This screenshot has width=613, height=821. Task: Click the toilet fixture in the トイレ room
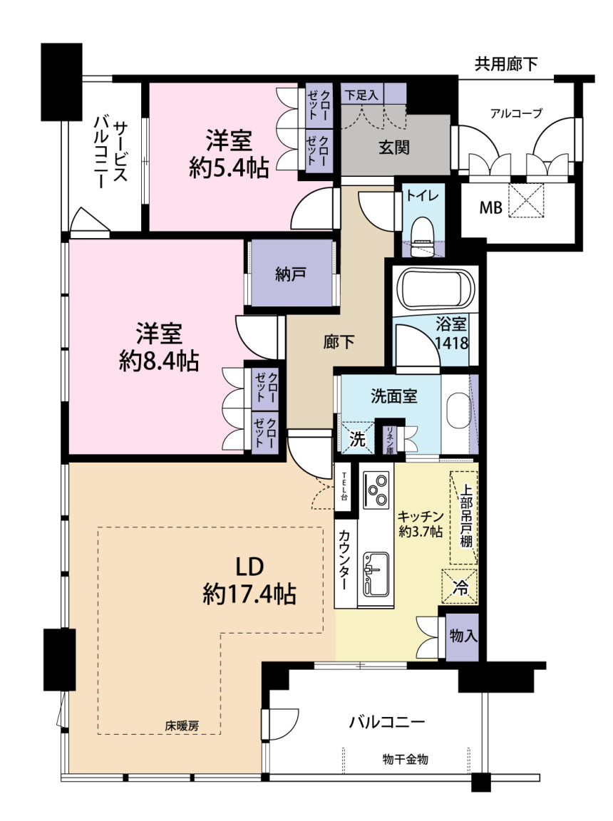click(422, 237)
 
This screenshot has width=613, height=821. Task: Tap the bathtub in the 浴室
click(436, 291)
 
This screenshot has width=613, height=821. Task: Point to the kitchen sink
click(376, 574)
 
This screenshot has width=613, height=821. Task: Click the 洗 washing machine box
click(357, 438)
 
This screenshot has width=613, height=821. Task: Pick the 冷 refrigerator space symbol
click(460, 586)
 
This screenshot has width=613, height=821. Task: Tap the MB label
click(490, 208)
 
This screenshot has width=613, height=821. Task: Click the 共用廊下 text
click(505, 64)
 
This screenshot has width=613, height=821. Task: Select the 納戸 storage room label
click(291, 274)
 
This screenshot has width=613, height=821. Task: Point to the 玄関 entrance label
click(393, 148)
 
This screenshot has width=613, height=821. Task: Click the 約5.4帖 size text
click(229, 169)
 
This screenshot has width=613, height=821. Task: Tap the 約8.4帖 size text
click(159, 361)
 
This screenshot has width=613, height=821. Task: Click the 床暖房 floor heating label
click(182, 726)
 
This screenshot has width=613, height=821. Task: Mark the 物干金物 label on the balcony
click(405, 759)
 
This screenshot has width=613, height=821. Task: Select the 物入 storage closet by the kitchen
click(463, 636)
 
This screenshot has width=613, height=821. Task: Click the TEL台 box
click(344, 487)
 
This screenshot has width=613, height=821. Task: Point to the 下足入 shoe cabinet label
click(361, 95)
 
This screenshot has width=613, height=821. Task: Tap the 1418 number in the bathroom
click(451, 343)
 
